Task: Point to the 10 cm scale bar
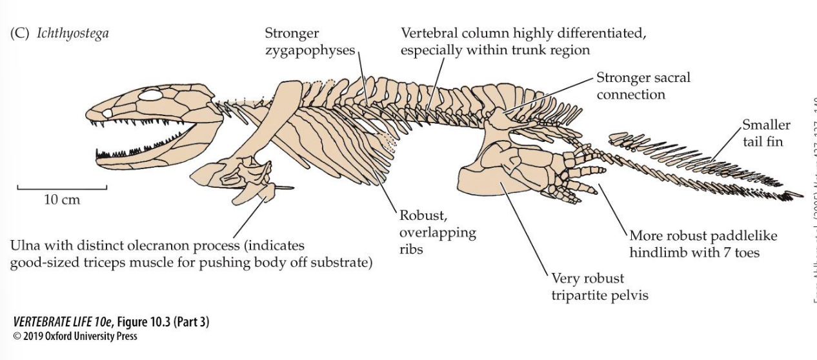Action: pos(62,188)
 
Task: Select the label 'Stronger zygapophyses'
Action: pos(310,42)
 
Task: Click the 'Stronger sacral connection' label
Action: pos(643,86)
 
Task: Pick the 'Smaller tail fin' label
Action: pos(766,133)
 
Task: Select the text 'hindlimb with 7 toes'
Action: pos(694,252)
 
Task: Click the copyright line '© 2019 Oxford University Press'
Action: pos(75,336)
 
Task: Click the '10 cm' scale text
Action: pos(62,199)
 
